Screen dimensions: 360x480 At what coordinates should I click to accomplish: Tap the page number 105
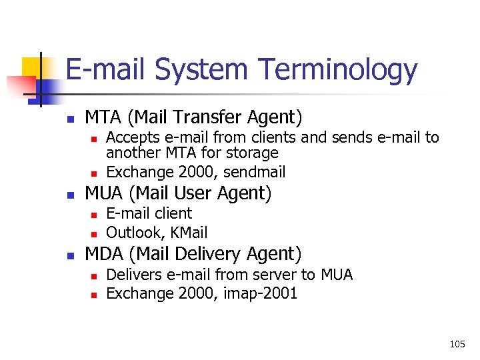click(457, 344)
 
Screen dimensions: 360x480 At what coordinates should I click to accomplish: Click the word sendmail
click(255, 172)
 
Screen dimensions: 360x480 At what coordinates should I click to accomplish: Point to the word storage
click(253, 153)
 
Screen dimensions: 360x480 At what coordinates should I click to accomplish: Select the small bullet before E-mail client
click(94, 215)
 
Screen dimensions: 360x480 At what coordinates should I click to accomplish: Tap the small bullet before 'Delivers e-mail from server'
click(94, 276)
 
